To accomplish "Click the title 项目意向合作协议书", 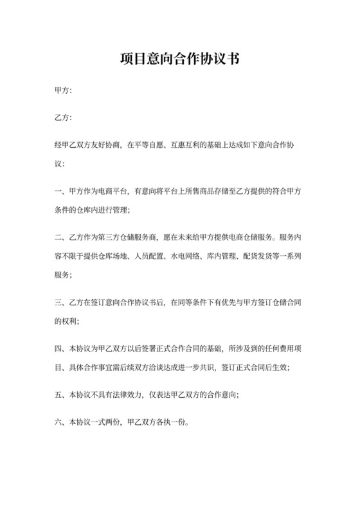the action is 180,60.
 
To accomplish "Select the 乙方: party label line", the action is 64,119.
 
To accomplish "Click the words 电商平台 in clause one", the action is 113,191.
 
